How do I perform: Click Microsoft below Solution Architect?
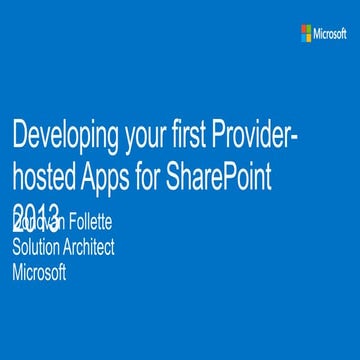[x=38, y=270]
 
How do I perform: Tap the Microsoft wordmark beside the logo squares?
[x=330, y=33]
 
